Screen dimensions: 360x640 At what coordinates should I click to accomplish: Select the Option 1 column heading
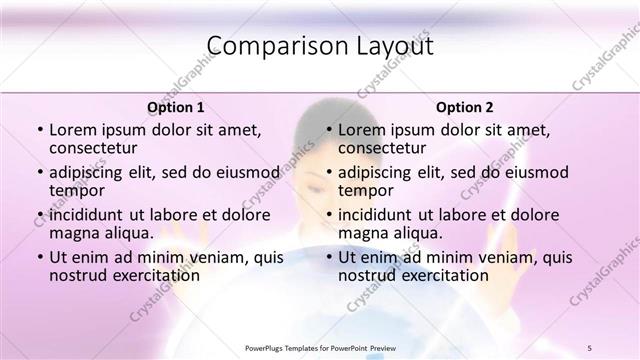pyautogui.click(x=176, y=107)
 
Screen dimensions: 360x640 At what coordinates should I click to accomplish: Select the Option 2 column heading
pyautogui.click(x=464, y=107)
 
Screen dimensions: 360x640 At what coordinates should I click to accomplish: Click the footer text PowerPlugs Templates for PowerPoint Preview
pyautogui.click(x=320, y=347)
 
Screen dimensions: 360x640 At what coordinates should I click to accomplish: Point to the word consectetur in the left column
pyautogui.click(x=96, y=148)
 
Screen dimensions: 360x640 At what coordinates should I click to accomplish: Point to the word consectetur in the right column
pyautogui.click(x=384, y=148)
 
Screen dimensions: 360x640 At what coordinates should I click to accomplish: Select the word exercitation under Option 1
pyautogui.click(x=149, y=275)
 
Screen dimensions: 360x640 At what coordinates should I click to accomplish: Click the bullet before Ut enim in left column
pyautogui.click(x=39, y=257)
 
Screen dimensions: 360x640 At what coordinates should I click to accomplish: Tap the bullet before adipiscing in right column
pyautogui.click(x=327, y=172)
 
